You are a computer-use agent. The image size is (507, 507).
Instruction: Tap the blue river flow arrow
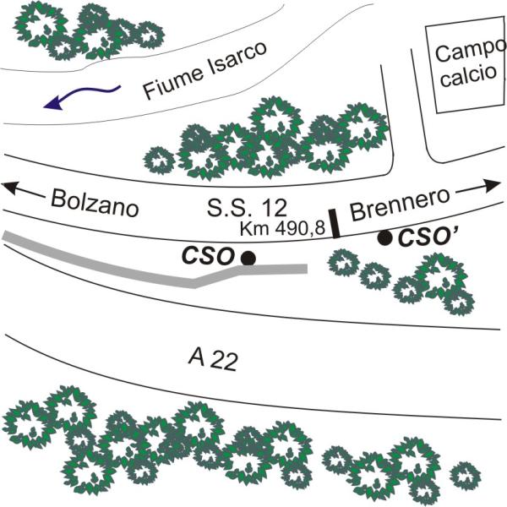point(76,98)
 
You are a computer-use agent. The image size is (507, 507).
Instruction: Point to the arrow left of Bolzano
point(23,190)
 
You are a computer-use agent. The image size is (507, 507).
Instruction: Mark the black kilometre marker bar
point(335,222)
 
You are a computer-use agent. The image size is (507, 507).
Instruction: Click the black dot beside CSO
point(248,258)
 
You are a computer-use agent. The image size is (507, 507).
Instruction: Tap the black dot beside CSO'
point(385,238)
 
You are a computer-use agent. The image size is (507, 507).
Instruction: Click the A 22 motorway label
point(212,359)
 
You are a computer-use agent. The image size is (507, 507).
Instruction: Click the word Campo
point(464,52)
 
